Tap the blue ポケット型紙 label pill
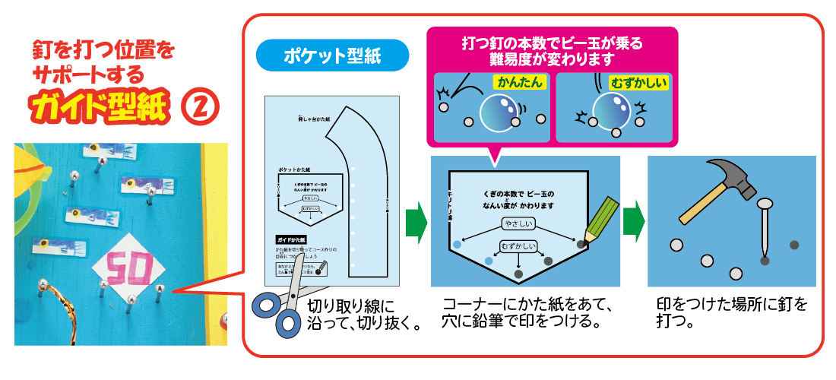[333, 55]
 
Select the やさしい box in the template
[518, 223]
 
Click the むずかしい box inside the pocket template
[518, 246]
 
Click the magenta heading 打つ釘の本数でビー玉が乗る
[552, 51]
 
